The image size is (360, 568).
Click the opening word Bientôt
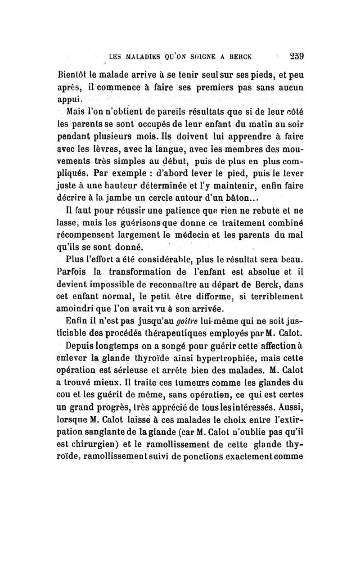point(74,75)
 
